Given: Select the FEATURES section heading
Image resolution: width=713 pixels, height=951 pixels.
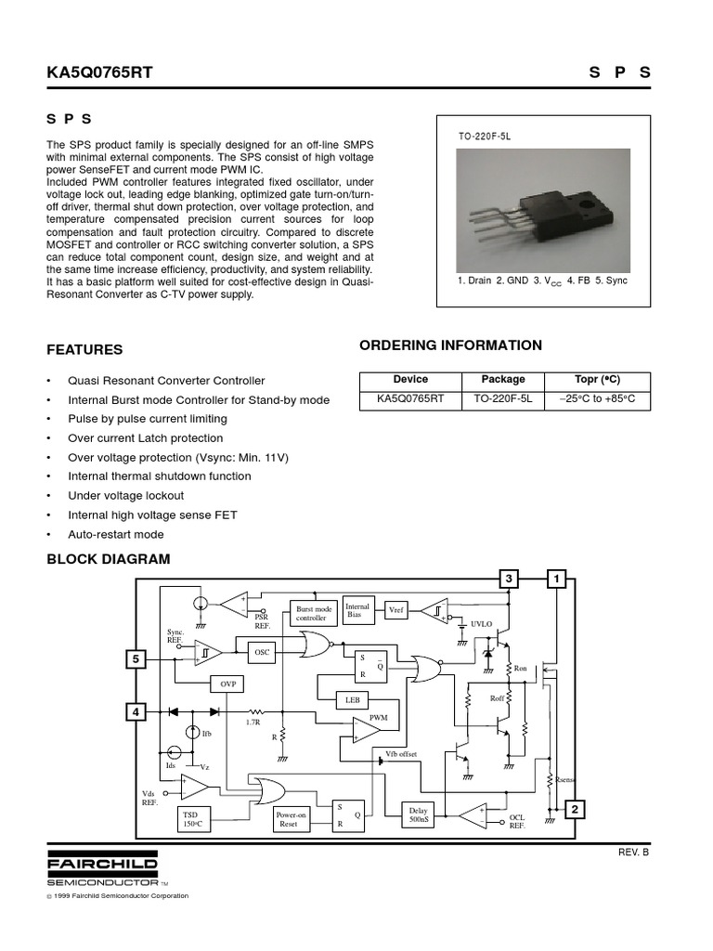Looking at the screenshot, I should pos(84,350).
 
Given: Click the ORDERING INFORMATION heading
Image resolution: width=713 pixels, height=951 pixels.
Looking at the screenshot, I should pos(450,345).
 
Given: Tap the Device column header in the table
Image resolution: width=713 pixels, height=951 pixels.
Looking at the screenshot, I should pos(410,379).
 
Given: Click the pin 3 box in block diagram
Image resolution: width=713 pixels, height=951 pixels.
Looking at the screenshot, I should pos(509,580).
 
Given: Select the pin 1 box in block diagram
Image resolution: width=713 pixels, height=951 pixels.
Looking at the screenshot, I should pos(557,580).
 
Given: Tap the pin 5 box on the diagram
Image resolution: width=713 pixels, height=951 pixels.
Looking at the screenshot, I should pos(136,659).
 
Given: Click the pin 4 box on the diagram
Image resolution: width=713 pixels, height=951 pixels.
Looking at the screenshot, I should pos(136,712).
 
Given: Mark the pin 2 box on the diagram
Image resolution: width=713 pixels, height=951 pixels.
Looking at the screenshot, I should pos(575,810).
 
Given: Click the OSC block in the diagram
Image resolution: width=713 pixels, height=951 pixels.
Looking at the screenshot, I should pos(262,653).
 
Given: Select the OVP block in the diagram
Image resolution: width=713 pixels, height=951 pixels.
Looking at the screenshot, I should pos(228,684).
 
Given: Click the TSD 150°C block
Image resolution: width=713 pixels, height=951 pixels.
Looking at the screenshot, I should pos(190,818).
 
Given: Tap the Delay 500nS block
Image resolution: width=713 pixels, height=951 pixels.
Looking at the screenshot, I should pos(416,814).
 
